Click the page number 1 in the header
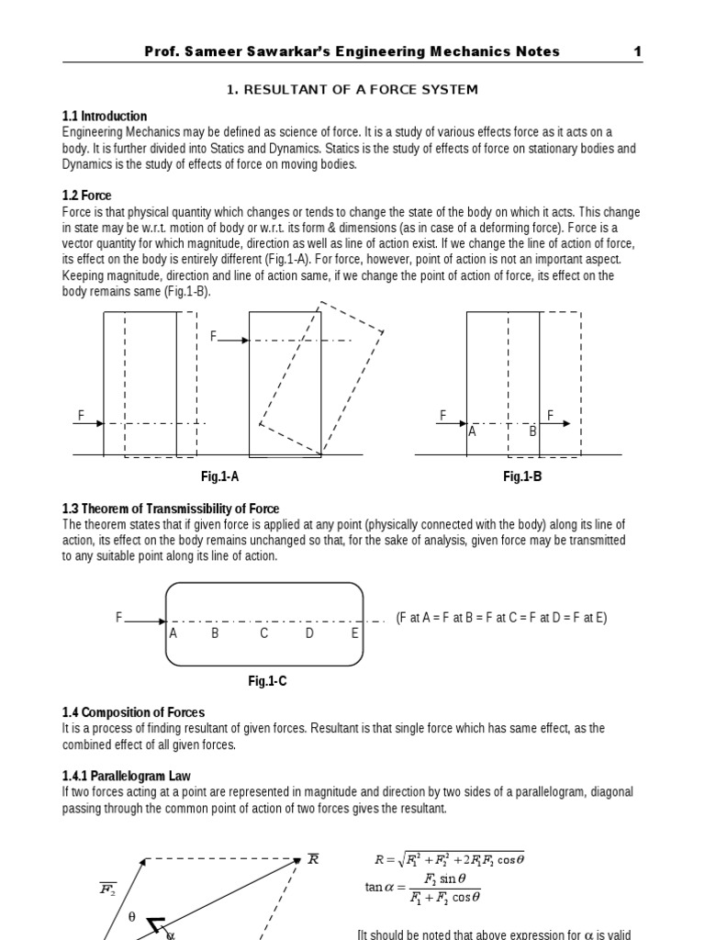tap(637, 51)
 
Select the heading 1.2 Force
tap(87, 196)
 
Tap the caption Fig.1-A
tap(219, 476)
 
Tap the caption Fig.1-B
tap(522, 476)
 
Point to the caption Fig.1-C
tap(267, 681)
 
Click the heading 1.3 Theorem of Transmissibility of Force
tap(171, 509)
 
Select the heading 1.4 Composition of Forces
tap(133, 712)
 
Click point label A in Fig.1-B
tap(473, 431)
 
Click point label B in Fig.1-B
tap(532, 431)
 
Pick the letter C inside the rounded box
tap(263, 633)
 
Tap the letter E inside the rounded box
tap(355, 633)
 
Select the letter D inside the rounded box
tap(309, 633)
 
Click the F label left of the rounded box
tap(119, 618)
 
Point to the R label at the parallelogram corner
tap(313, 858)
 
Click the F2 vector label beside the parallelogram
tap(107, 889)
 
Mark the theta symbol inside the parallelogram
tap(131, 917)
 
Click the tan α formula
tap(423, 889)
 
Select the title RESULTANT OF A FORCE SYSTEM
tap(352, 89)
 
